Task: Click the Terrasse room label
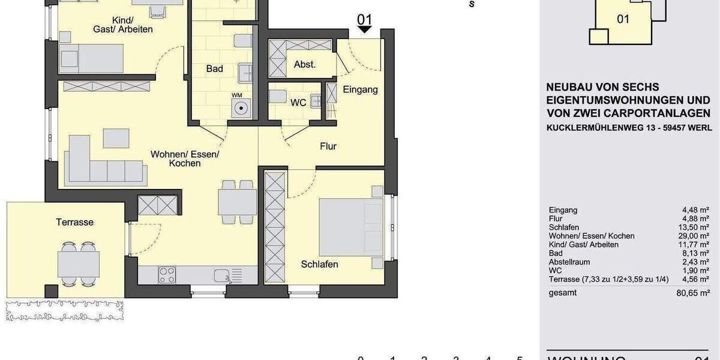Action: click(x=75, y=222)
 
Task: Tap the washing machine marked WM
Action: click(x=241, y=109)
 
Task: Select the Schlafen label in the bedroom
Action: click(x=319, y=264)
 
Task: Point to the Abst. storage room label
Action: click(x=305, y=64)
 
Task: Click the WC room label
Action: click(x=298, y=103)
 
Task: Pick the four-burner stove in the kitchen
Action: click(x=167, y=275)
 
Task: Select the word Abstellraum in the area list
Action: click(x=569, y=262)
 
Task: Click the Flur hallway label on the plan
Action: click(x=328, y=146)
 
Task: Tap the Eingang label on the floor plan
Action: click(x=360, y=89)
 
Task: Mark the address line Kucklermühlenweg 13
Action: click(x=629, y=128)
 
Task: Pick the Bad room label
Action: click(x=215, y=68)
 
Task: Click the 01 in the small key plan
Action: click(x=623, y=19)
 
